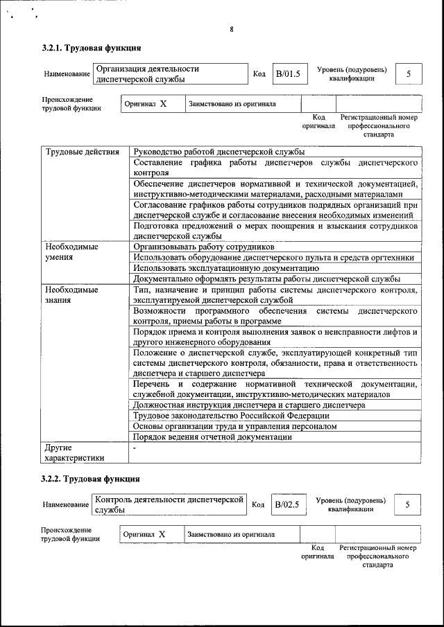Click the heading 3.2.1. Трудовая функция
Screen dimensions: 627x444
point(92,48)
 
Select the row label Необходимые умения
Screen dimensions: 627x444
point(71,252)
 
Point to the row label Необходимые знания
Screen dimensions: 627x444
point(71,295)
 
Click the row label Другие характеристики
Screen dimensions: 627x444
point(74,452)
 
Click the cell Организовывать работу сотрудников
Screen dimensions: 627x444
point(204,247)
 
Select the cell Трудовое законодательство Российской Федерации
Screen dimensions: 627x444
point(231,416)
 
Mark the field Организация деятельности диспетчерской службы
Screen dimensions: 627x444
point(169,74)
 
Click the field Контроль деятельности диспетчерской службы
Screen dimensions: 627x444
point(169,504)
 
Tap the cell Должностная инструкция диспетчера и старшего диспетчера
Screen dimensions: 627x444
point(249,405)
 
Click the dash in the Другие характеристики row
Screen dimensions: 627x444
point(135,448)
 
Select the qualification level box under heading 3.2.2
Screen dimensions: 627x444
point(407,504)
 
